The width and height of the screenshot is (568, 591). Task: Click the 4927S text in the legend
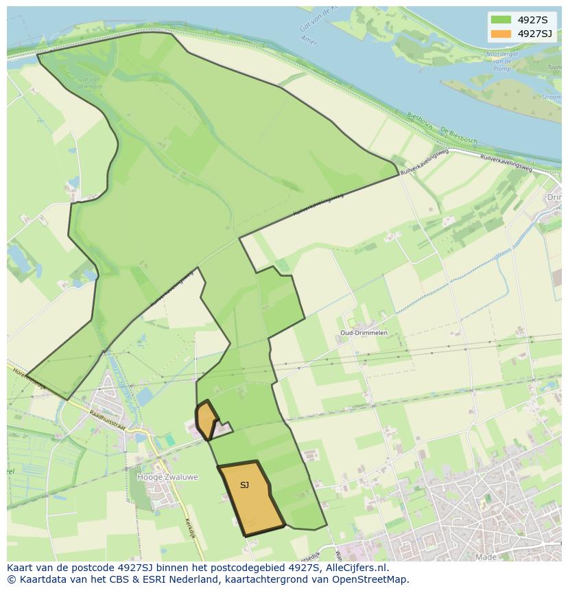pos(532,19)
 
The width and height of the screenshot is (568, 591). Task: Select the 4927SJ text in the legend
pos(536,34)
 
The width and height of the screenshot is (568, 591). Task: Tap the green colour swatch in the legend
pos(501,19)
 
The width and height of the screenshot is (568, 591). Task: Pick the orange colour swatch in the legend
pos(501,34)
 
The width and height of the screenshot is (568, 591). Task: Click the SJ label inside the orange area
pos(245,485)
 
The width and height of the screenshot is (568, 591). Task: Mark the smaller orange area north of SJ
pos(205,418)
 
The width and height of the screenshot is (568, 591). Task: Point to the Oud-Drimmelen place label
pos(364,333)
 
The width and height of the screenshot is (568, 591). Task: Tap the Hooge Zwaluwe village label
pos(168,476)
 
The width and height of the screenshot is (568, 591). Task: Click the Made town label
pos(486,557)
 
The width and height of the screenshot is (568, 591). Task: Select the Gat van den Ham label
pos(90,82)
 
